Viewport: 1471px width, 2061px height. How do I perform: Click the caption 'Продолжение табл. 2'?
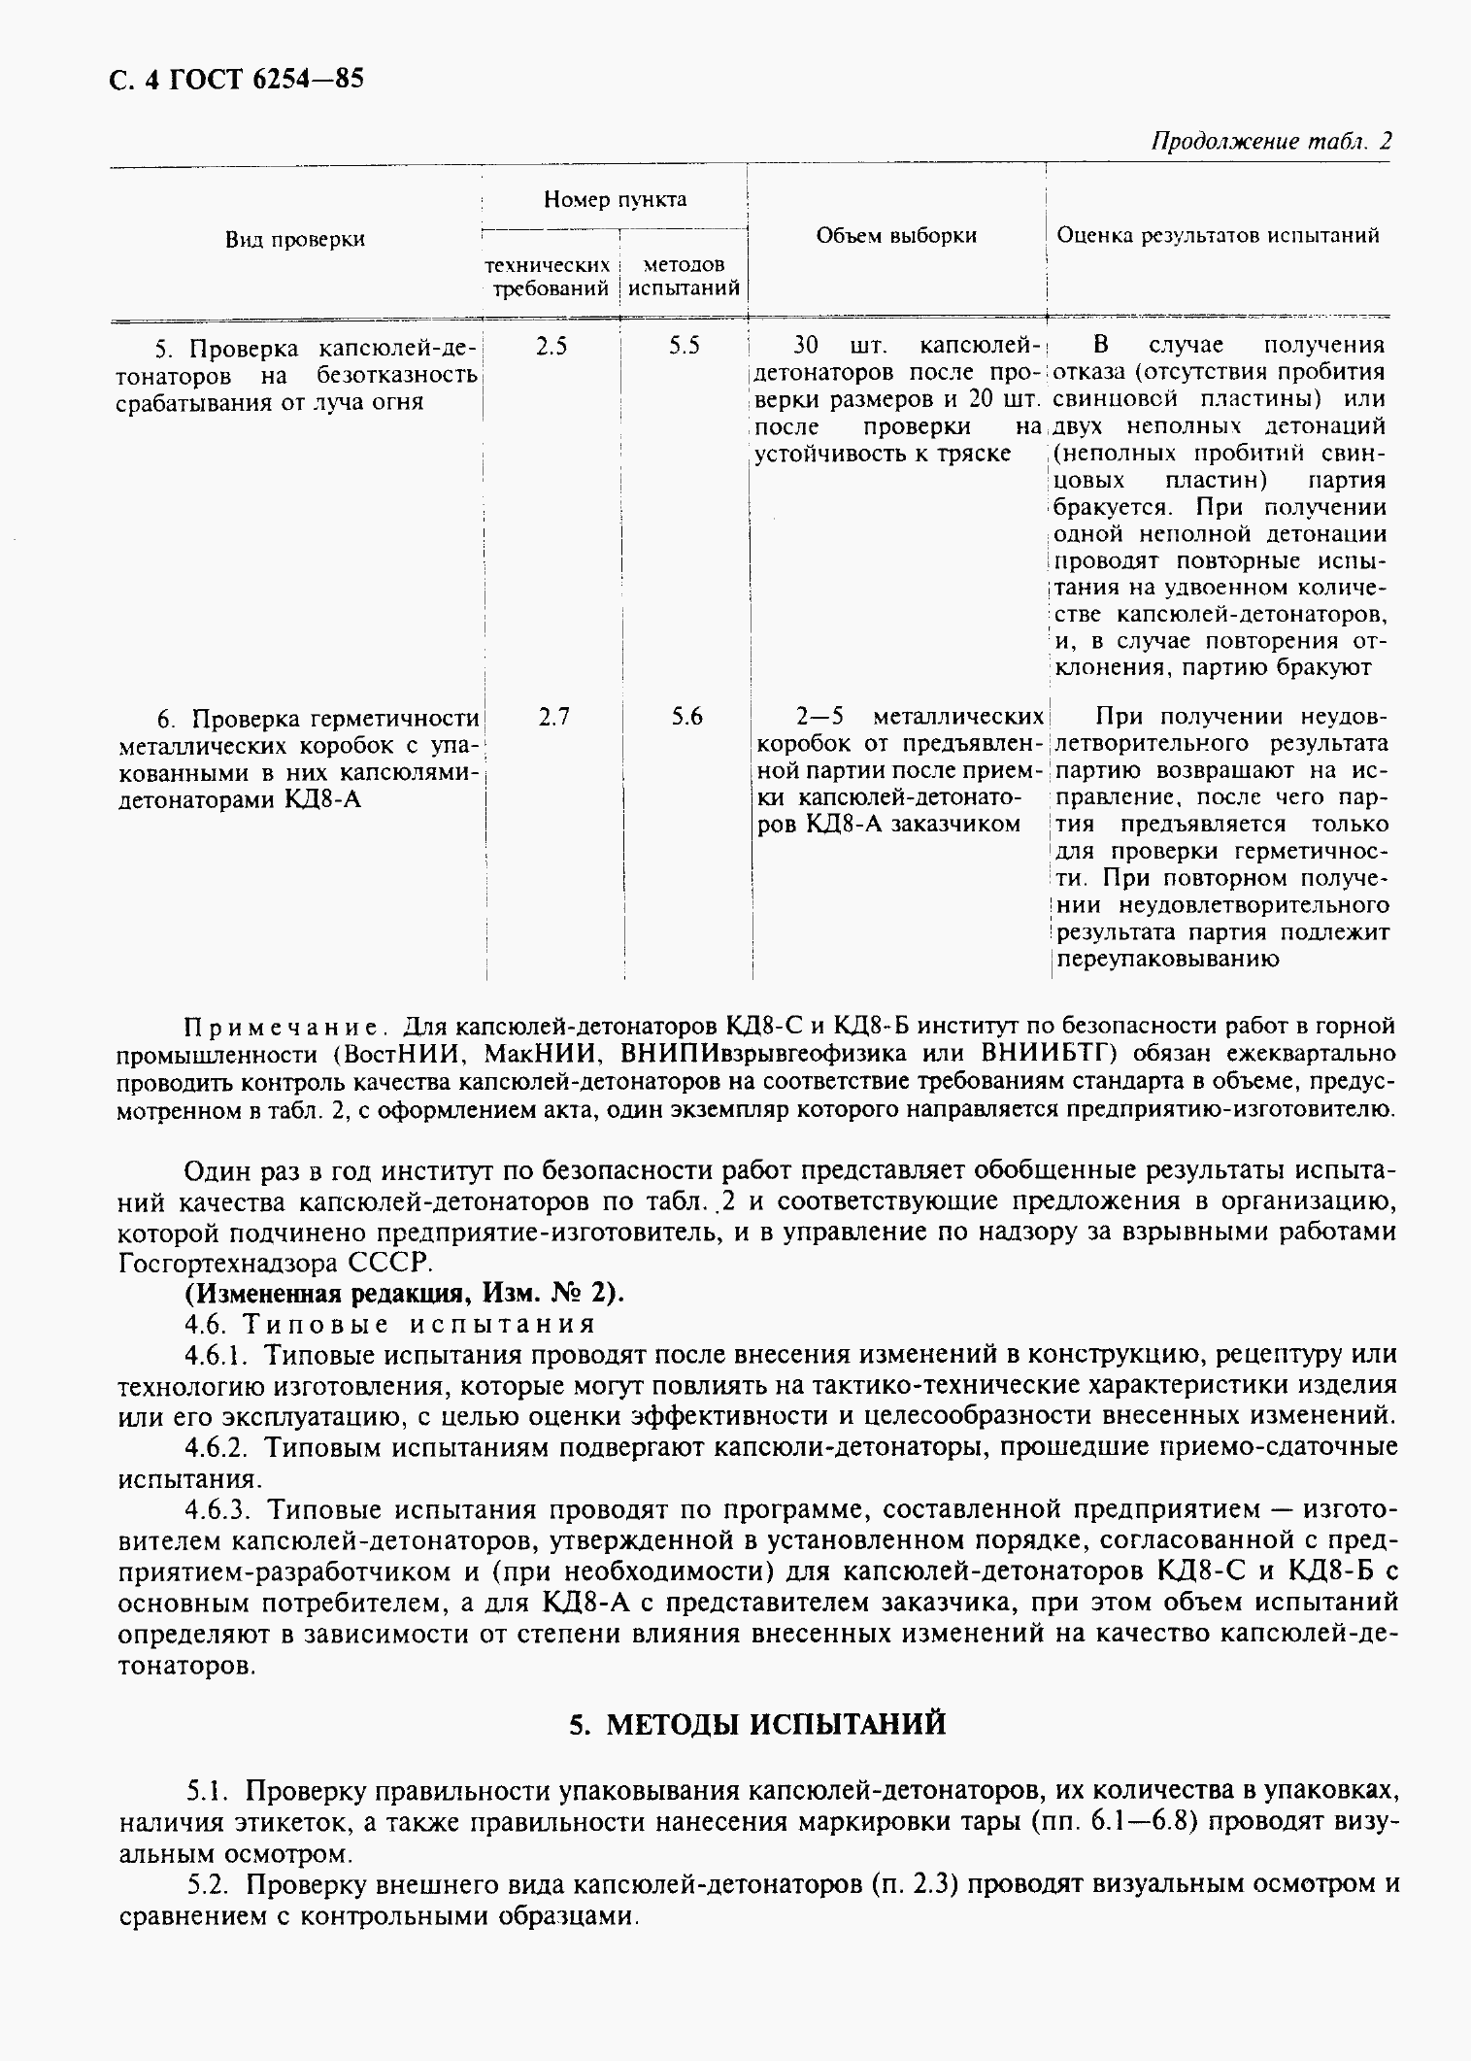[x=1270, y=141]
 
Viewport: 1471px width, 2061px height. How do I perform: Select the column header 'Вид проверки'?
[x=295, y=240]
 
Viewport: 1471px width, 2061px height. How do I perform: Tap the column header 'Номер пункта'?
[x=615, y=200]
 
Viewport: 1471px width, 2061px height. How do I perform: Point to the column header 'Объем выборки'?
[x=895, y=235]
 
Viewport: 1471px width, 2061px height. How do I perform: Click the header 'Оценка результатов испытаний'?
[x=1218, y=235]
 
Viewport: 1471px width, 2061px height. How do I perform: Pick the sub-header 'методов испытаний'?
[x=684, y=277]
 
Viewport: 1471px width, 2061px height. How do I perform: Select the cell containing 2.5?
[x=552, y=346]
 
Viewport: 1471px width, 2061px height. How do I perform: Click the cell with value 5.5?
[x=684, y=346]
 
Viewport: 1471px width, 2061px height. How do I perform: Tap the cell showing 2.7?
[x=553, y=717]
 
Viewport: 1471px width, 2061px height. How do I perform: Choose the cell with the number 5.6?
[x=685, y=717]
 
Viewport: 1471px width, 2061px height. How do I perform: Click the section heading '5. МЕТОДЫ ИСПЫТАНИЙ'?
[x=756, y=1724]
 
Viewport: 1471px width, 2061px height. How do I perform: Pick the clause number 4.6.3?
[x=218, y=1509]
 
